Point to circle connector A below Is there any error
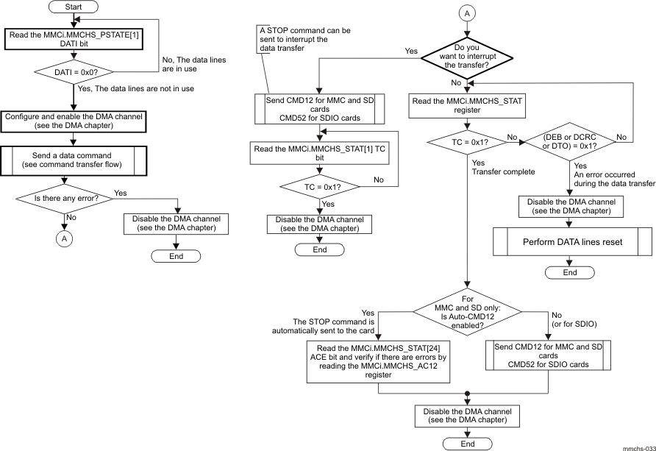click(65, 238)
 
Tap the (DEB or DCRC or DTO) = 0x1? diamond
click(568, 140)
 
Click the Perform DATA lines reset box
click(571, 241)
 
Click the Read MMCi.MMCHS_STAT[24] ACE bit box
click(378, 361)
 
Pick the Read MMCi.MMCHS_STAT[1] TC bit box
click(319, 153)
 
